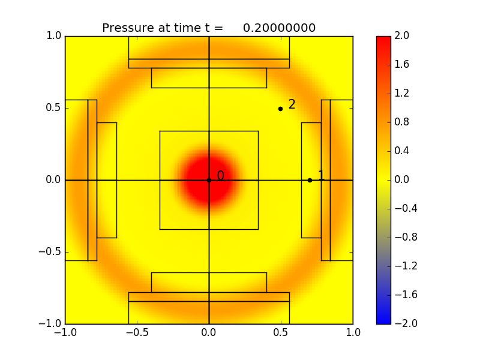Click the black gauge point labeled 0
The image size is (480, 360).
point(209,180)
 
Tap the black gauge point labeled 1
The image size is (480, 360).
point(310,180)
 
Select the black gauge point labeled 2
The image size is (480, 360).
point(280,109)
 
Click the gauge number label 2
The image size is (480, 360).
point(292,104)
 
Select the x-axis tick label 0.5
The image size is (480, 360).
point(281,332)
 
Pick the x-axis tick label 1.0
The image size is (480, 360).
point(353,332)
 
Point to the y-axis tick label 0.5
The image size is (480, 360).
point(53,108)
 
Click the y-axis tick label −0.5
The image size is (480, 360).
point(50,252)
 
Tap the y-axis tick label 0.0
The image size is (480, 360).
point(53,180)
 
